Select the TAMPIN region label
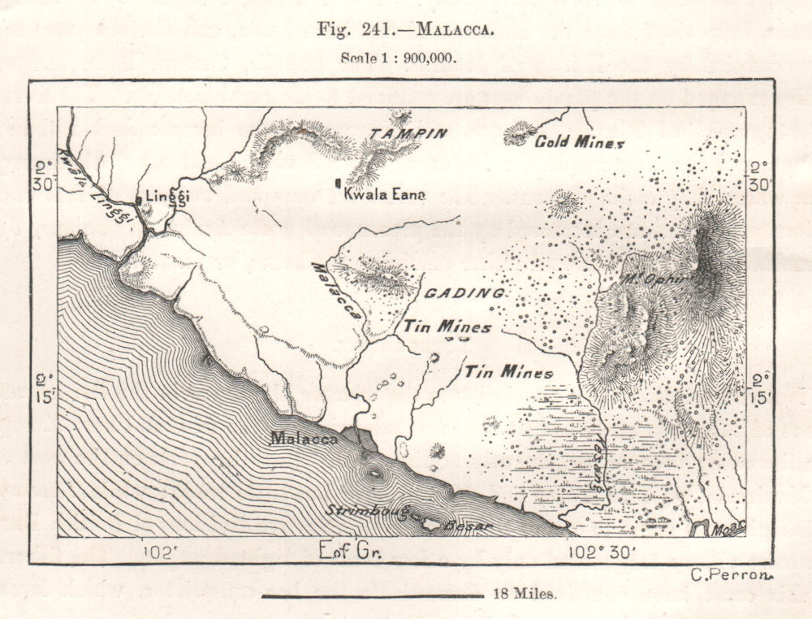[x=408, y=133]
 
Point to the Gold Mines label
[x=579, y=142]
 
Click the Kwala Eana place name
[x=384, y=194]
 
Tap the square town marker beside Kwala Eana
[x=337, y=184]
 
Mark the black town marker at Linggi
[x=140, y=199]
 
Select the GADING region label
[x=464, y=292]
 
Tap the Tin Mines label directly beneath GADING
[x=447, y=327]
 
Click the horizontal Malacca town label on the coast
[x=304, y=438]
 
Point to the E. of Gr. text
[x=351, y=551]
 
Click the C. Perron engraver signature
[x=729, y=575]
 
